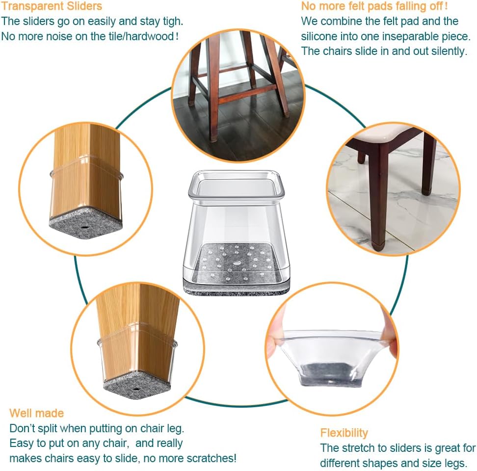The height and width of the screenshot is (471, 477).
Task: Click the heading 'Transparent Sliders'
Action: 52,6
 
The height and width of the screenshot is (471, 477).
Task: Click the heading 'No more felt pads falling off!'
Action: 374,6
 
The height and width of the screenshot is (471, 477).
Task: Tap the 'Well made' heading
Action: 36,413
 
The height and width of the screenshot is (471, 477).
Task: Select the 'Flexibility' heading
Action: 344,432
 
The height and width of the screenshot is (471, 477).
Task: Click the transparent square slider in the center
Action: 235,231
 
